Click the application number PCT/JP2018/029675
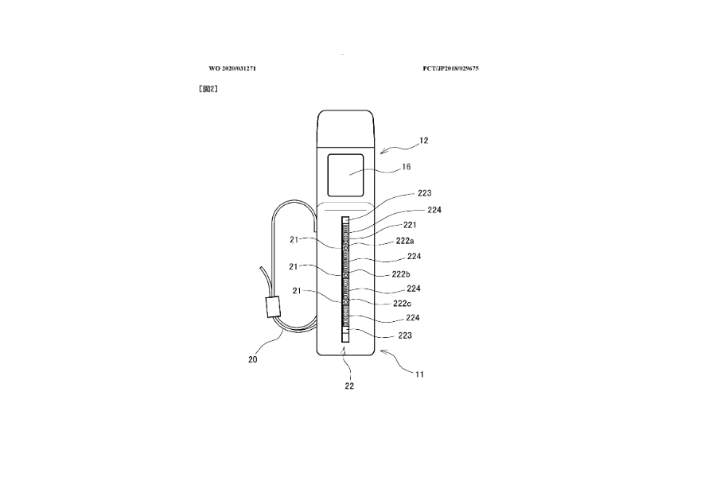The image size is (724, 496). pos(450,68)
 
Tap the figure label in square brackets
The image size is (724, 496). pos(208,89)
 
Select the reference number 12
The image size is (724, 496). pos(423,141)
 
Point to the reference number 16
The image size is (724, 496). pos(407,169)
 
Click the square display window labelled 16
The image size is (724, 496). pos(346,175)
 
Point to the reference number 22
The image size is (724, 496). pos(348,386)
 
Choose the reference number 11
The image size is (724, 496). pos(418,373)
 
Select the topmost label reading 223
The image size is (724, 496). pos(425,193)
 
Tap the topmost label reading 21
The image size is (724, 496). pos(294,239)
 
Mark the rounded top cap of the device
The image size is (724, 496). pos(346,127)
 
